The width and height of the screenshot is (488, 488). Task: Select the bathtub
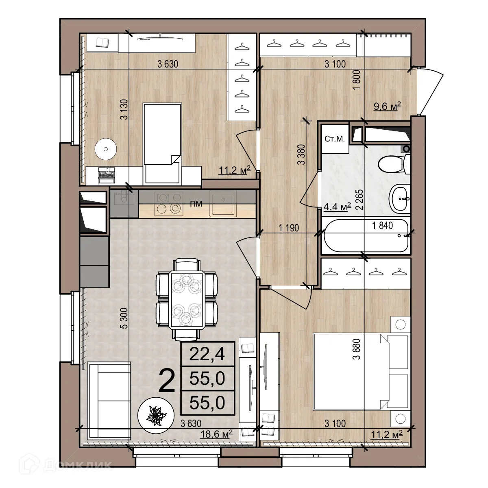click(365, 236)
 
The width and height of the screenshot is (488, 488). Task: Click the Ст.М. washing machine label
click(334, 139)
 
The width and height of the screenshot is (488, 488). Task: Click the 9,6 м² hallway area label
click(388, 107)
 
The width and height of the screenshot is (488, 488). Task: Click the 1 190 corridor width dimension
click(289, 228)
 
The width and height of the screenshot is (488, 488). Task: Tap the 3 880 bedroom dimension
click(357, 348)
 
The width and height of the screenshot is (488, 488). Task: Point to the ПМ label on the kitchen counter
click(196, 204)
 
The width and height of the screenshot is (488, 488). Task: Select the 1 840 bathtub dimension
click(383, 225)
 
